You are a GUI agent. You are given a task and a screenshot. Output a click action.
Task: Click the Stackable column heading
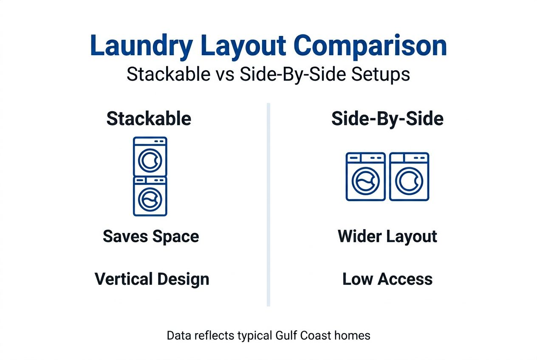coord(149,119)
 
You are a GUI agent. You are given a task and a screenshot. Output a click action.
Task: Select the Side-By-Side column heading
coord(387,119)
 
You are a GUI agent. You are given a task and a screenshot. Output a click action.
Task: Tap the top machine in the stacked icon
coord(150,156)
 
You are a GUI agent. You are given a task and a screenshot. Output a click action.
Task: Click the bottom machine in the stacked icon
coord(150,196)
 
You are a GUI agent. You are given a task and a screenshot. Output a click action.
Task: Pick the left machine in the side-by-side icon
coord(366,177)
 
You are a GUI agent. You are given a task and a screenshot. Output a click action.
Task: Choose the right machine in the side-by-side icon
coord(410,177)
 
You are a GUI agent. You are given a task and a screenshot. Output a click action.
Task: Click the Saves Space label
coord(151,236)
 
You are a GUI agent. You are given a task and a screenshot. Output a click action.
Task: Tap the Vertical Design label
coord(152,279)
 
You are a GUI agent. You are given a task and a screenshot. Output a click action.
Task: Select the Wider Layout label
coord(387,236)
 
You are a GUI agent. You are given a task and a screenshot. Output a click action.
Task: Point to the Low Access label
coord(387,279)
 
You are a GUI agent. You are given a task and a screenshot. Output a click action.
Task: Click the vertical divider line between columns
coord(268,204)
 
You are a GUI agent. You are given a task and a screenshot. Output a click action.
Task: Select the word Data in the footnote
coord(178,336)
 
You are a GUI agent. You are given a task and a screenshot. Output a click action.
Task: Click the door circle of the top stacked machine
coord(150,160)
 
